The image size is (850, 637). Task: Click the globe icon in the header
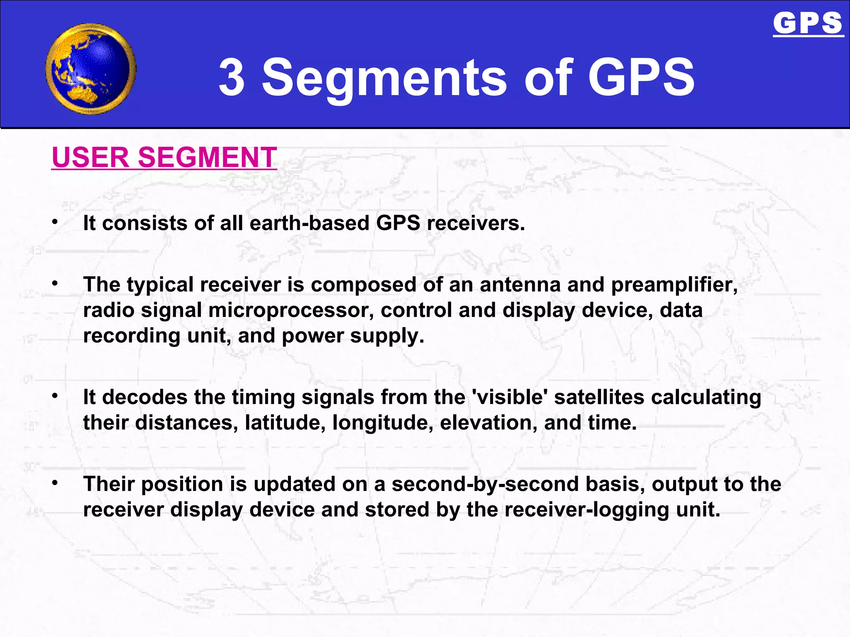point(90,69)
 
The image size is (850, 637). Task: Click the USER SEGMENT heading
point(164,157)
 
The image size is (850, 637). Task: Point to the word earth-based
point(309,223)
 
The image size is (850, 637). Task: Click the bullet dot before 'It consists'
point(55,222)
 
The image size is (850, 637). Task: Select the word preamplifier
point(674,285)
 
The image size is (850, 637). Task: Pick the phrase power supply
point(353,336)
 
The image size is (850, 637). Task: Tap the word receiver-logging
point(587,510)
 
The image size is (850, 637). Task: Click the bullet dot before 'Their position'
point(55,483)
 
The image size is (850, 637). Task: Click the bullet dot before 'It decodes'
point(55,396)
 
